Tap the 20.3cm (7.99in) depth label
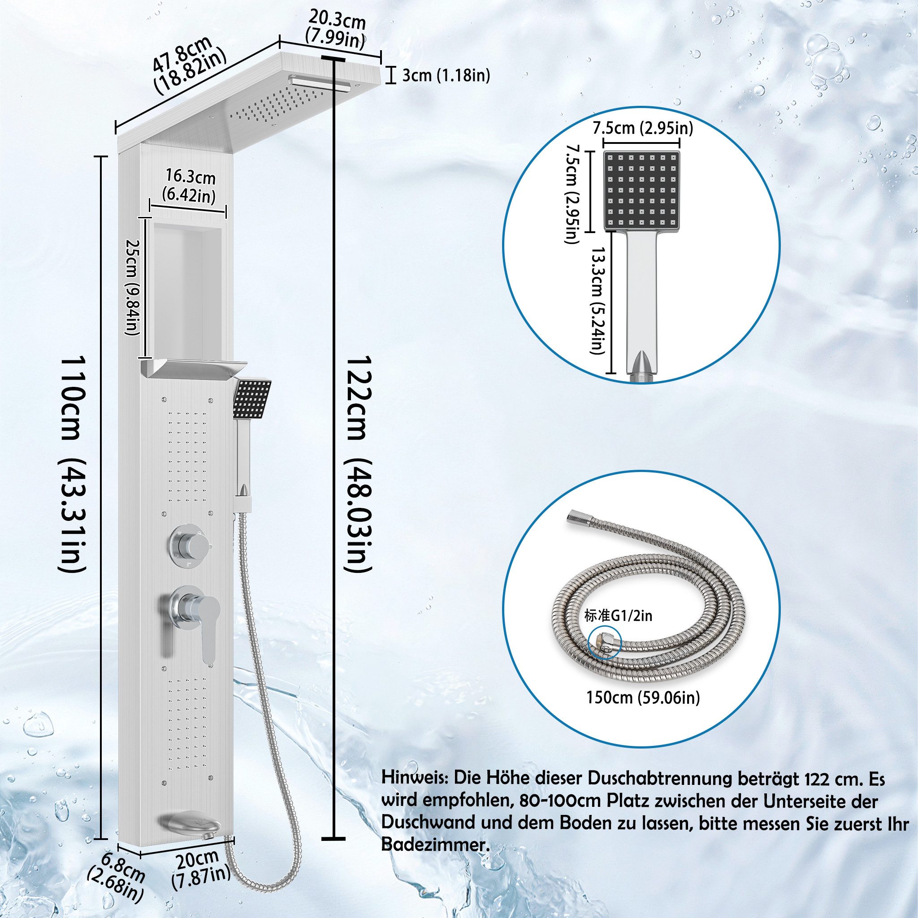coord(337,30)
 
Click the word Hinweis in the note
coord(415,779)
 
